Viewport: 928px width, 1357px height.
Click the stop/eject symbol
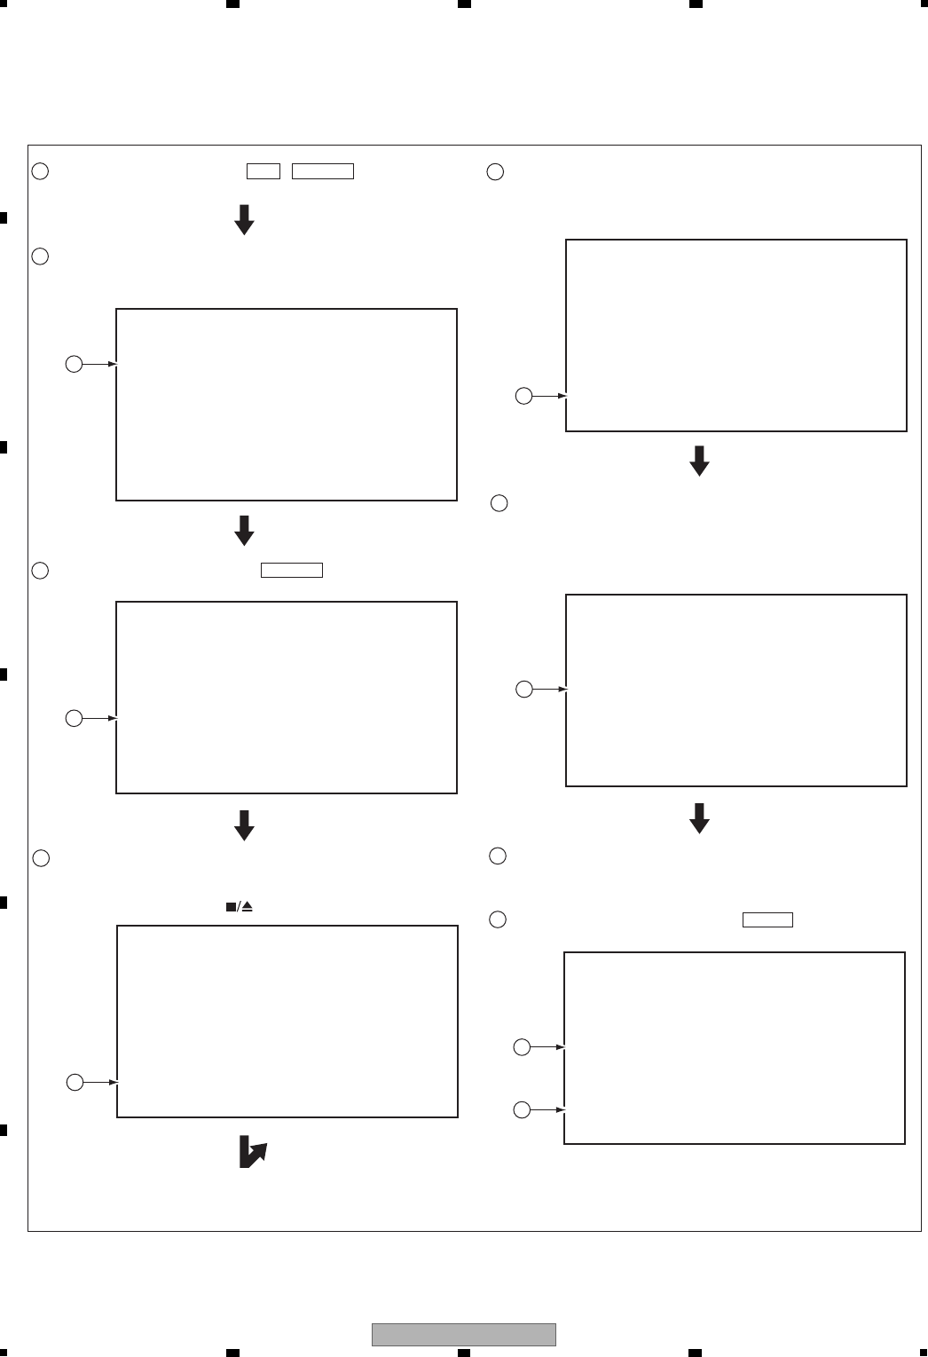pyautogui.click(x=239, y=907)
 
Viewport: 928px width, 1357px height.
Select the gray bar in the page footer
pyautogui.click(x=463, y=1335)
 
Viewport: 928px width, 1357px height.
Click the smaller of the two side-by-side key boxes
pyautogui.click(x=263, y=171)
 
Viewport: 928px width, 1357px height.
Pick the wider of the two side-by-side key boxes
pyautogui.click(x=323, y=171)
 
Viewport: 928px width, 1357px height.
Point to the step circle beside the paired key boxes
pyautogui.click(x=40, y=171)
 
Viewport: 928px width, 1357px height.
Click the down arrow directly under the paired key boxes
pyautogui.click(x=244, y=219)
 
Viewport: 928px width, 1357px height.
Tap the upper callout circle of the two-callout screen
pyautogui.click(x=523, y=1048)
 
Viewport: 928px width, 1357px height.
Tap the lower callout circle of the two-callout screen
pyautogui.click(x=523, y=1109)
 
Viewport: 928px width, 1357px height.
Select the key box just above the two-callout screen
pyautogui.click(x=767, y=919)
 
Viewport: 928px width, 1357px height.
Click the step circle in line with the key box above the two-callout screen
pyautogui.click(x=498, y=919)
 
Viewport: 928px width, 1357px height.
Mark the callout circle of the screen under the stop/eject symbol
pyautogui.click(x=75, y=1082)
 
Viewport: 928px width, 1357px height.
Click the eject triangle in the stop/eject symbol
pyautogui.click(x=248, y=907)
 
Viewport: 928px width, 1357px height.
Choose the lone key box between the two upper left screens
pyautogui.click(x=292, y=571)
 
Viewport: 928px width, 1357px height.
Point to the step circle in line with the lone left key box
pyautogui.click(x=40, y=571)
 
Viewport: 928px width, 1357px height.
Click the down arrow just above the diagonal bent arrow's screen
pyautogui.click(x=244, y=824)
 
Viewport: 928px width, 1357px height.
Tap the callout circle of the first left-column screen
pyautogui.click(x=75, y=364)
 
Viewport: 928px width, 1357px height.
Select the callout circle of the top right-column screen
pyautogui.click(x=524, y=396)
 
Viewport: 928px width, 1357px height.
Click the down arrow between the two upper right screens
pyautogui.click(x=699, y=461)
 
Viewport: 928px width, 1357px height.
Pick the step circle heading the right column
pyautogui.click(x=496, y=172)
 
